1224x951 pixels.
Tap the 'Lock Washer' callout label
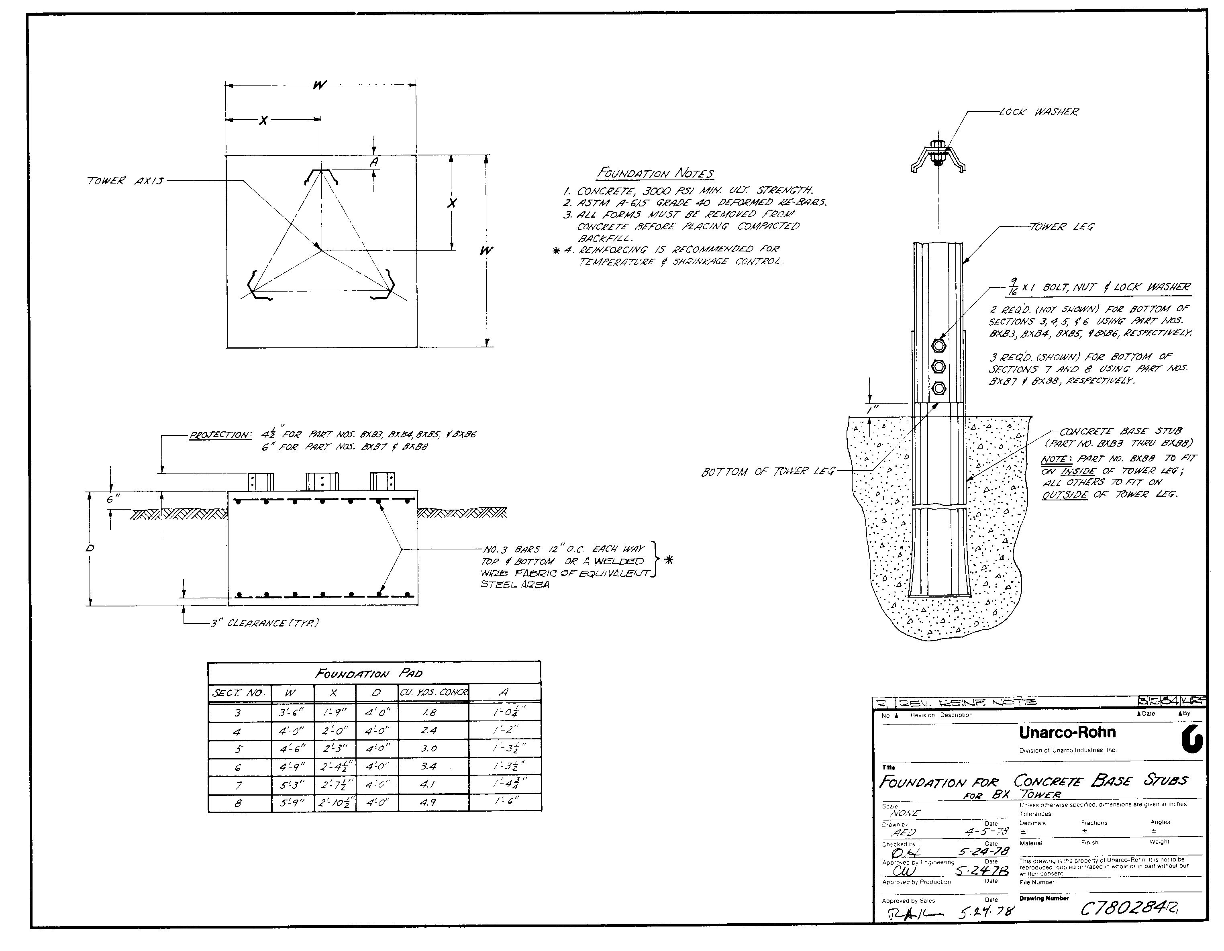coord(1038,112)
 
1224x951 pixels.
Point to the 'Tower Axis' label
coord(125,181)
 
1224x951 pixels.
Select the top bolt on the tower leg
coord(938,345)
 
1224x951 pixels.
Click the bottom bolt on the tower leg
coord(938,388)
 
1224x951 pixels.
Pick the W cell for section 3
coord(292,713)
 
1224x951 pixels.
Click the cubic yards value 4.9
coord(428,802)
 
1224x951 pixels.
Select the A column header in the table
coord(503,693)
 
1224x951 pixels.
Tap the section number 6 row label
coord(238,767)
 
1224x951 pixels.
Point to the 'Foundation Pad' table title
coord(369,673)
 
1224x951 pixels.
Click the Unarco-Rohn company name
coord(1067,733)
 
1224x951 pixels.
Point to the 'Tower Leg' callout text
coord(1061,227)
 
